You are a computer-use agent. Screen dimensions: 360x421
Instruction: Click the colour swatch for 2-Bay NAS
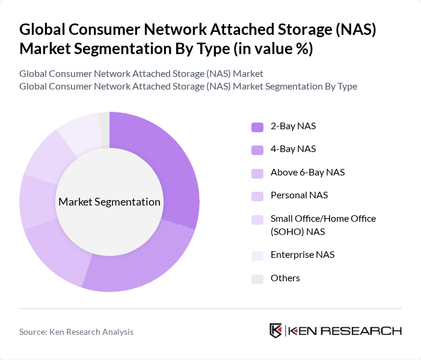pos(257,127)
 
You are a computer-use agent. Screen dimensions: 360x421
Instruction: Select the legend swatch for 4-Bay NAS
pos(257,150)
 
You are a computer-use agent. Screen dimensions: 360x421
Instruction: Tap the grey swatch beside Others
pos(257,279)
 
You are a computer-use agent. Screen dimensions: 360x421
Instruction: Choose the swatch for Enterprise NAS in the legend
pos(257,255)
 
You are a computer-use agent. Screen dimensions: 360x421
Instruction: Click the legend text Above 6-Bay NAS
pos(307,172)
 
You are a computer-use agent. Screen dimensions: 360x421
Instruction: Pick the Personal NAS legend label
pos(299,195)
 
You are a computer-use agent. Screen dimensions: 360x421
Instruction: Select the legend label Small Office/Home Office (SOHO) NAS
pos(323,225)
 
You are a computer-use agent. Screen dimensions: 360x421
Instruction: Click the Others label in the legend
pos(285,278)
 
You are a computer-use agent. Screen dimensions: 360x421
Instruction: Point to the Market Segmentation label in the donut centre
pos(109,202)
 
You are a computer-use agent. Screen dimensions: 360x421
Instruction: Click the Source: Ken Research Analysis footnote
pos(76,332)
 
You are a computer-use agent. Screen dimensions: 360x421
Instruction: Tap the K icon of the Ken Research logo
pos(276,331)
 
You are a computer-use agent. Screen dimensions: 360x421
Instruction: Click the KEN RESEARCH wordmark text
pos(345,331)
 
